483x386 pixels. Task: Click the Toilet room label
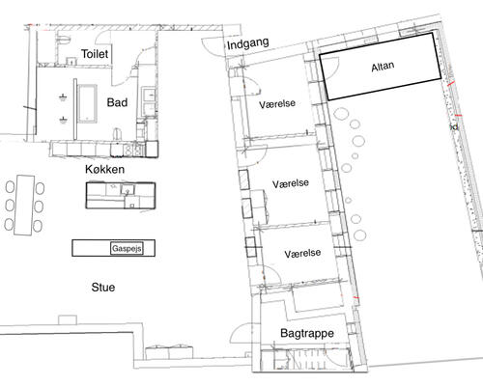pyautogui.click(x=95, y=54)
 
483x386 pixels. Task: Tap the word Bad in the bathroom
pyautogui.click(x=117, y=102)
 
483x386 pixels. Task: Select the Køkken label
pyautogui.click(x=105, y=169)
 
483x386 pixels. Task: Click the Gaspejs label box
pyautogui.click(x=127, y=248)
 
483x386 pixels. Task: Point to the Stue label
pyautogui.click(x=103, y=288)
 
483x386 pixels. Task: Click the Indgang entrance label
pyautogui.click(x=247, y=43)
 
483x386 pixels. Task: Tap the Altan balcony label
pyautogui.click(x=383, y=67)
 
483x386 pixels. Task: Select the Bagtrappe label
pyautogui.click(x=307, y=333)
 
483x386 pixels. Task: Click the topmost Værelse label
pyautogui.click(x=277, y=104)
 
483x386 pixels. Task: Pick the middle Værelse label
pyautogui.click(x=291, y=183)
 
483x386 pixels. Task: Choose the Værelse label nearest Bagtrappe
pyautogui.click(x=302, y=254)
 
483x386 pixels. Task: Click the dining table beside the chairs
pyautogui.click(x=24, y=205)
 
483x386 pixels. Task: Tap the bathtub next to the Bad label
pyautogui.click(x=87, y=103)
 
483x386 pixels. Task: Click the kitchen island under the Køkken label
pyautogui.click(x=121, y=196)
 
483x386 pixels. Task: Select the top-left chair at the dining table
pyautogui.click(x=10, y=187)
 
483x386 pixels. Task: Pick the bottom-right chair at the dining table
pyautogui.click(x=38, y=226)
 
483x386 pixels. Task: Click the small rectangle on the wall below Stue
pyautogui.click(x=68, y=319)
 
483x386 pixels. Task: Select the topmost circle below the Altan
pyautogui.click(x=341, y=114)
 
